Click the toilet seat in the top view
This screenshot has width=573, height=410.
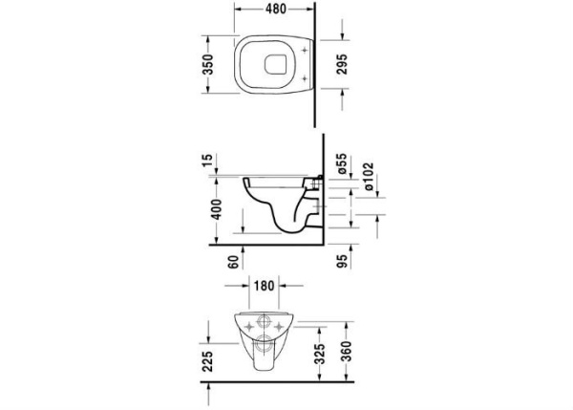coord(274,65)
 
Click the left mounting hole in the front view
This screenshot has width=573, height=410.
coord(253,325)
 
